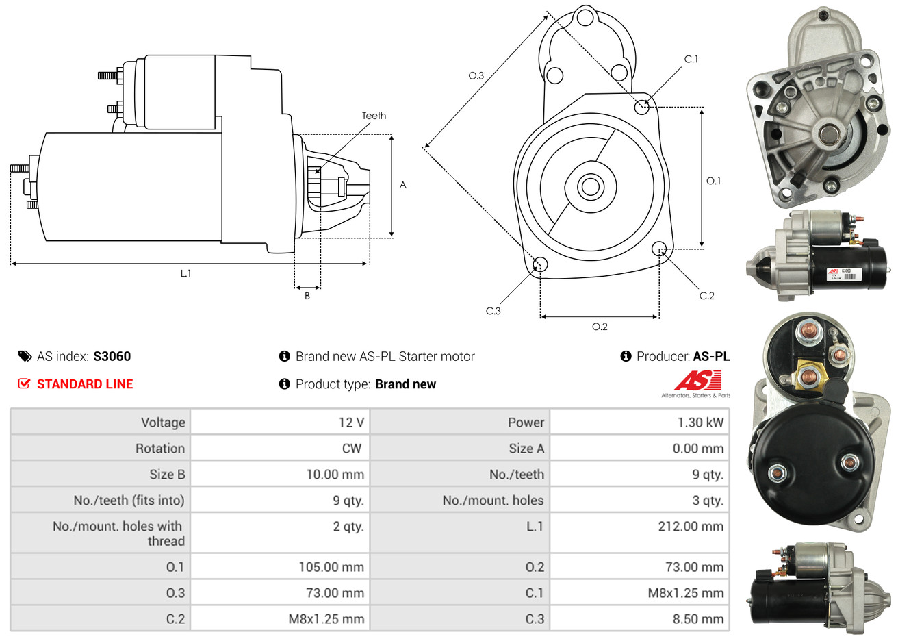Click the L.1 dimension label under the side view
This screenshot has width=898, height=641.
(185, 273)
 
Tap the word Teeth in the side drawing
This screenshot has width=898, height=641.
(374, 116)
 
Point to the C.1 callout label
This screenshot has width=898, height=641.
(691, 60)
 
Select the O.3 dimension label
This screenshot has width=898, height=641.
(476, 75)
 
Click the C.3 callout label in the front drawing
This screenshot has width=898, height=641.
(493, 311)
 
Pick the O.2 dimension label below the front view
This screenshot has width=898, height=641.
(600, 327)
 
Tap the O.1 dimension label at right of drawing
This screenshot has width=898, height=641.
(713, 181)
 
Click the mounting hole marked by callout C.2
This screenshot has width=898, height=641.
(659, 248)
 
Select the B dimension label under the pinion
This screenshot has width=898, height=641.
(307, 296)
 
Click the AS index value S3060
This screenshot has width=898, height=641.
(112, 356)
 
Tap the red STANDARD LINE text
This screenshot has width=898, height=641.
(85, 384)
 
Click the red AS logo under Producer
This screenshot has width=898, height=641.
(697, 380)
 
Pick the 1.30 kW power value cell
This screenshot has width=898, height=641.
(700, 423)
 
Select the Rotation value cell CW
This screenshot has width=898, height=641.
(351, 449)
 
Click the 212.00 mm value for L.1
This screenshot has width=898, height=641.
(691, 526)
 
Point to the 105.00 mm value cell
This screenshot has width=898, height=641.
(331, 567)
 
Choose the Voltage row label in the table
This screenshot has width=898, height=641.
(163, 423)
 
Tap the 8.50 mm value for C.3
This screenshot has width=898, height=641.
(697, 619)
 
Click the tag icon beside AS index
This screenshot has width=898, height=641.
(25, 356)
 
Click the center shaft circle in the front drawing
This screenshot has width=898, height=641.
(589, 186)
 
